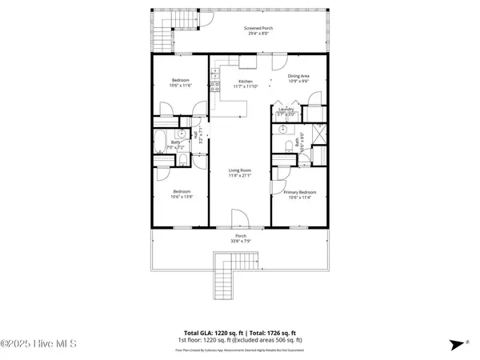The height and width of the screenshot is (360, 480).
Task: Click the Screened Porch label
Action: [258, 28]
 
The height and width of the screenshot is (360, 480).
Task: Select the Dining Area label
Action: [298, 76]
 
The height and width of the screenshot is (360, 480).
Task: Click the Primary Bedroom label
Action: [300, 192]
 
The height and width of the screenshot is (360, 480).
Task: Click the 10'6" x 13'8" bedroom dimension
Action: [182, 197]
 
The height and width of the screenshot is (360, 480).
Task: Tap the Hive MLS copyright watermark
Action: [39, 344]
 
